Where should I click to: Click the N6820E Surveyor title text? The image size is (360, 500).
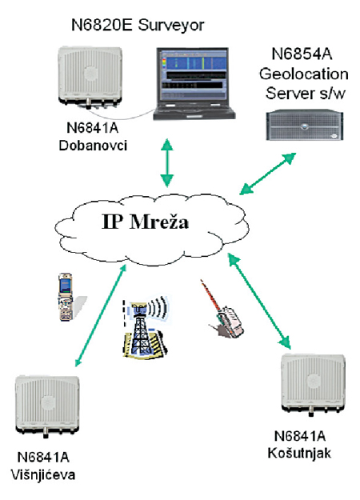pyautogui.click(x=138, y=26)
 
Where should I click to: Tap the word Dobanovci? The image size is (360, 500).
pyautogui.click(x=93, y=146)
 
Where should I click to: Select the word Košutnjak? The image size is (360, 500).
pyautogui.click(x=299, y=453)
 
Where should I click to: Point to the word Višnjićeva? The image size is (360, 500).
pyautogui.click(x=43, y=474)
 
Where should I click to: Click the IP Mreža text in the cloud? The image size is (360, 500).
pyautogui.click(x=145, y=222)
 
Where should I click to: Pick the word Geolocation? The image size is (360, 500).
pyautogui.click(x=303, y=74)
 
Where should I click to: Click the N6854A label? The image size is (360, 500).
pyautogui.click(x=302, y=54)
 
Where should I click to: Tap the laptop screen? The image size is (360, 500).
pyautogui.click(x=193, y=76)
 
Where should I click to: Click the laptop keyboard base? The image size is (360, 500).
pyautogui.click(x=194, y=114)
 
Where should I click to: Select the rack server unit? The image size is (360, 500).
pyautogui.click(x=305, y=125)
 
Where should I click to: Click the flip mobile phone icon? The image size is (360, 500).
pyautogui.click(x=66, y=297)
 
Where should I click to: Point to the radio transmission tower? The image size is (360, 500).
pyautogui.click(x=145, y=328)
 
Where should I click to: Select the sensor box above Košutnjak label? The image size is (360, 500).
pyautogui.click(x=314, y=384)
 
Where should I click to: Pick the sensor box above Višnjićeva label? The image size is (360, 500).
pyautogui.click(x=47, y=406)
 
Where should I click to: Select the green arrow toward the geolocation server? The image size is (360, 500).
pyautogui.click(x=268, y=174)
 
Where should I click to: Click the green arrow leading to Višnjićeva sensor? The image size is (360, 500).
pyautogui.click(x=101, y=315)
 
